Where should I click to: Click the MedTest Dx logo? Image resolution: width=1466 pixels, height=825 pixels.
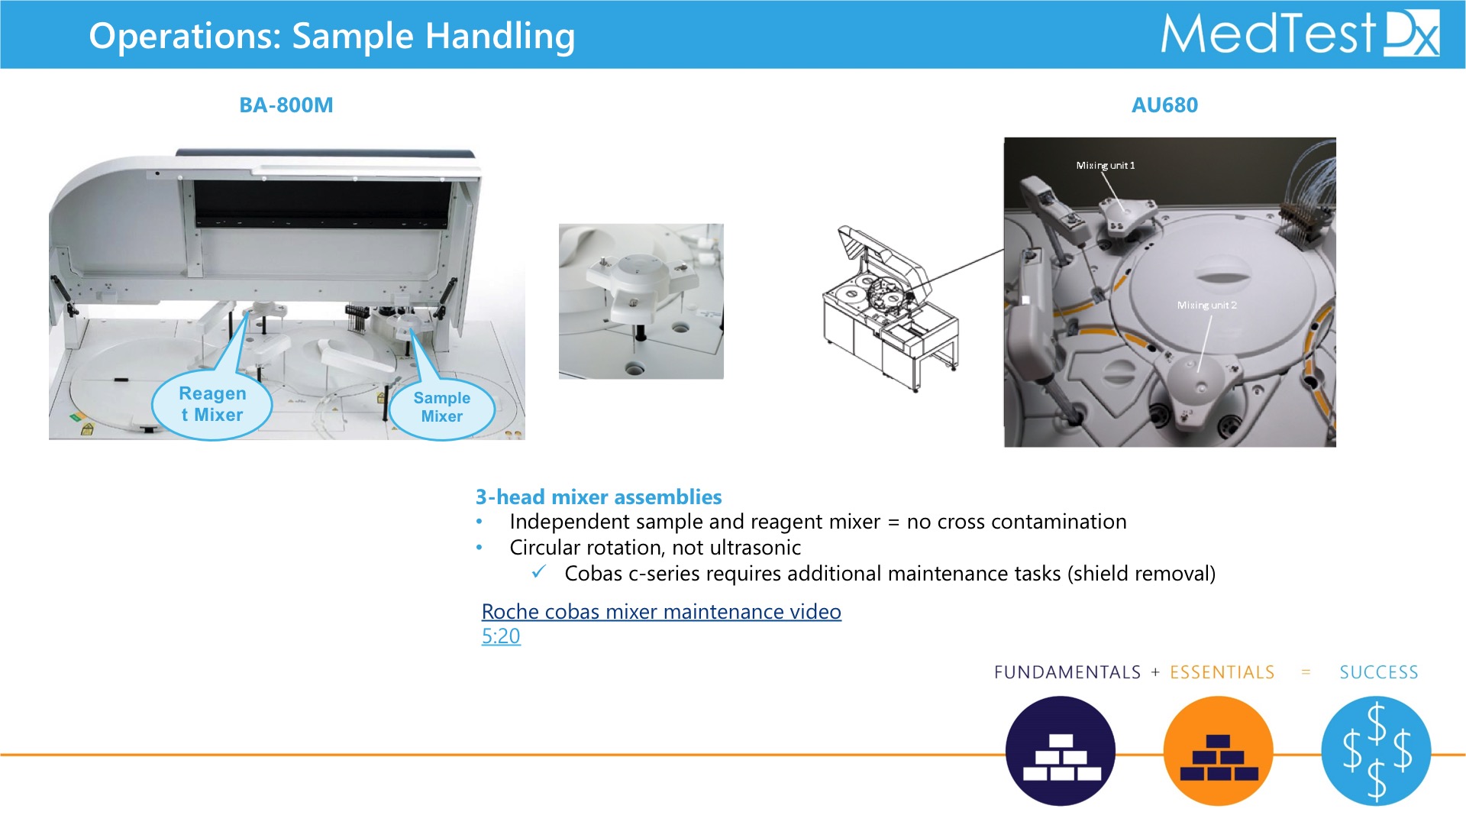[x=1300, y=34]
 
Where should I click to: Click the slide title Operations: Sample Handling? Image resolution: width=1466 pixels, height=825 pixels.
[x=332, y=36]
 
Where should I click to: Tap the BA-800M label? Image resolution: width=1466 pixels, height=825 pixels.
[x=286, y=105]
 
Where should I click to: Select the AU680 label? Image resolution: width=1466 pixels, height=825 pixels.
[x=1164, y=105]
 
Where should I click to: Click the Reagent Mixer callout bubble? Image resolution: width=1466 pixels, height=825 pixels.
[x=212, y=405]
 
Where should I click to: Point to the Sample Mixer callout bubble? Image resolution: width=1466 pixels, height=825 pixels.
[x=442, y=408]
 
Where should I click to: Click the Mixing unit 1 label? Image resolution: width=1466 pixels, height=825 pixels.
[x=1105, y=166]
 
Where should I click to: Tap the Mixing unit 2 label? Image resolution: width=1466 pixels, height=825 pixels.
[x=1206, y=306]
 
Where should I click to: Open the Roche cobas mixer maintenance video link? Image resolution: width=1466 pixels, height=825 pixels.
[x=661, y=612]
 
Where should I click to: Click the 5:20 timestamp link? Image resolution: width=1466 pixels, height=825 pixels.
[x=501, y=636]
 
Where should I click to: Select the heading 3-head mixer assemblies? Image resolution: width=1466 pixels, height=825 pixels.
[x=599, y=497]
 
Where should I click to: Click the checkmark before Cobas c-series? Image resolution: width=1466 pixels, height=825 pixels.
[x=539, y=571]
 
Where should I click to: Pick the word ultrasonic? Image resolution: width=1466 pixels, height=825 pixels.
[x=755, y=548]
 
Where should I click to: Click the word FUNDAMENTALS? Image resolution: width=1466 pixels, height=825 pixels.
[x=1067, y=672]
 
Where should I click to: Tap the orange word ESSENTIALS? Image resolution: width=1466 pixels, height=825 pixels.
[x=1222, y=672]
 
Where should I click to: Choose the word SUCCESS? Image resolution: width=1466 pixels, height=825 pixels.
[x=1379, y=672]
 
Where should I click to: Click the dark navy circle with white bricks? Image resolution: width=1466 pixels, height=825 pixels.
[x=1061, y=751]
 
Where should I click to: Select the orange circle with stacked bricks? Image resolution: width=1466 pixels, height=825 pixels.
[x=1219, y=751]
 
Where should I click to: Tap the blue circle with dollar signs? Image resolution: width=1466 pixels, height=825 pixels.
[x=1376, y=751]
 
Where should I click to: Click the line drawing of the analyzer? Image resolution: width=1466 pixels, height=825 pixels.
[x=890, y=309]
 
